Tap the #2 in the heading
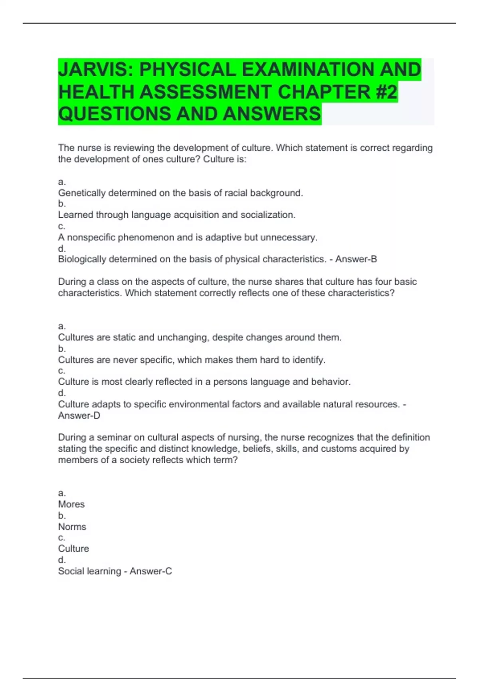[386, 92]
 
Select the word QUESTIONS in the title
[115, 114]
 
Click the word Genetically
[82, 193]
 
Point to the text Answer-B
[356, 259]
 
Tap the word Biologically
[82, 259]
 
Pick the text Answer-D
[79, 415]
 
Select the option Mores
[71, 504]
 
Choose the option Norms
[72, 527]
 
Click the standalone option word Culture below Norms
[73, 549]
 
